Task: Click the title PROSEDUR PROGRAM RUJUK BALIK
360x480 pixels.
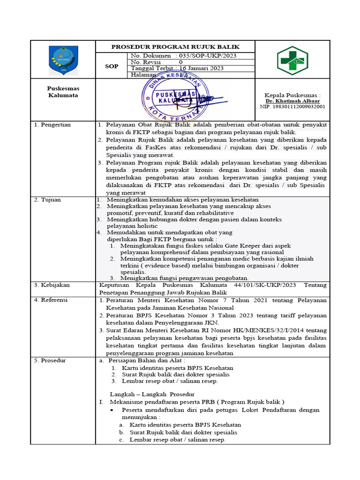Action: pyautogui.click(x=175, y=47)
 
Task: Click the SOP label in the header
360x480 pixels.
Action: pyautogui.click(x=112, y=66)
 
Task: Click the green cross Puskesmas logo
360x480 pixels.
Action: pyautogui.click(x=292, y=60)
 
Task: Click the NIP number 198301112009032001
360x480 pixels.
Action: pyautogui.click(x=292, y=106)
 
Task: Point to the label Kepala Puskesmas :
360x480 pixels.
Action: pyautogui.click(x=292, y=95)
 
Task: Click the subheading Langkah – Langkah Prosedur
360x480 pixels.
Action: pyautogui.click(x=152, y=394)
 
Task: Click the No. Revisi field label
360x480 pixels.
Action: pyautogui.click(x=146, y=62)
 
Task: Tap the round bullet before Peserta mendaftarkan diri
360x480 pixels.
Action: pyautogui.click(x=112, y=410)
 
